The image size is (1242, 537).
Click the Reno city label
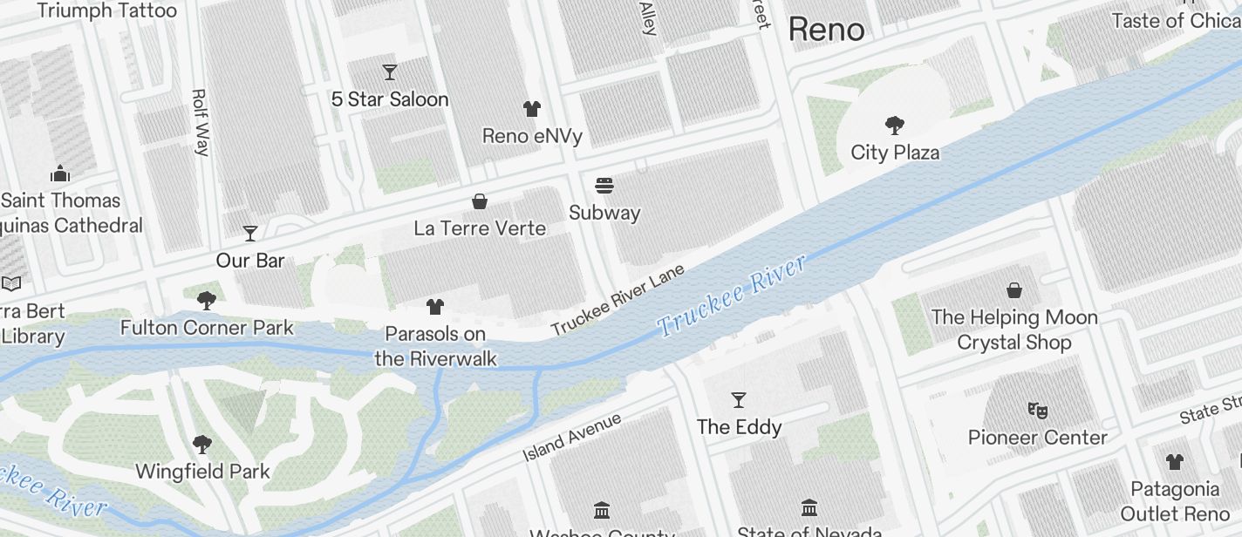tap(826, 30)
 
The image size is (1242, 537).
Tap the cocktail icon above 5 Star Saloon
tap(389, 72)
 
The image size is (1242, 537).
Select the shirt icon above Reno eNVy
tap(532, 109)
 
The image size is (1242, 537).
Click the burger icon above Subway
tap(604, 185)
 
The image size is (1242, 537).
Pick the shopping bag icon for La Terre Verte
tap(480, 201)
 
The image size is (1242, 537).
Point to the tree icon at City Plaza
tap(894, 126)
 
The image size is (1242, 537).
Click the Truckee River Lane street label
tap(618, 300)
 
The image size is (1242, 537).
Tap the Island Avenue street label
tap(571, 437)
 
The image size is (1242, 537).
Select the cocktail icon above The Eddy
tap(739, 400)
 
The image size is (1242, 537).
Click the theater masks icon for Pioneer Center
tap(1037, 409)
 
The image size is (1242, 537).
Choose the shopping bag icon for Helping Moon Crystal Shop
tap(1014, 289)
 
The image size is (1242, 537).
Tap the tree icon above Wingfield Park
tap(202, 445)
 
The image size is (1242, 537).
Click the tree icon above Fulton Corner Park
tap(207, 301)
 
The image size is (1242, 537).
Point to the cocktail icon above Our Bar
tap(250, 233)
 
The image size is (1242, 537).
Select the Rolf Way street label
tap(201, 122)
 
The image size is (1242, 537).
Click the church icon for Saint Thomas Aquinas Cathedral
tap(60, 173)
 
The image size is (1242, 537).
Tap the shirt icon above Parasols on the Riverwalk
tap(435, 306)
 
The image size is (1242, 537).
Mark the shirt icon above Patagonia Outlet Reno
tap(1174, 461)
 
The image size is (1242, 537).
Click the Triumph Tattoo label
tap(107, 10)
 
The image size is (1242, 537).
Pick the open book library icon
tap(11, 283)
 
